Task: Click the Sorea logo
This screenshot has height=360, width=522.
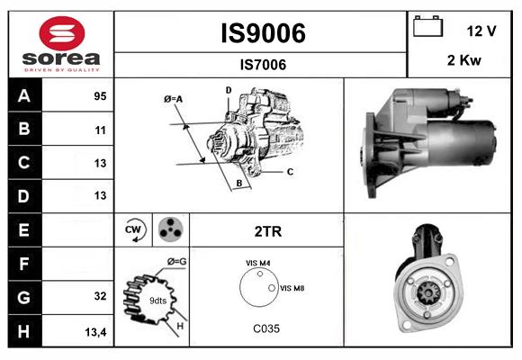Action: (60, 43)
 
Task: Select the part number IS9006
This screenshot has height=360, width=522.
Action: (263, 33)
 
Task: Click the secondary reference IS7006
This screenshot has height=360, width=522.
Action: (263, 64)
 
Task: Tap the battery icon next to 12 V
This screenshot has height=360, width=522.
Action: (427, 28)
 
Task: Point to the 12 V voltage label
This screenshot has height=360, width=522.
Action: (481, 31)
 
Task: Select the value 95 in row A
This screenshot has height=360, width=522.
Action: (100, 96)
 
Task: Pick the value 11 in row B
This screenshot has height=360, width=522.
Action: (100, 130)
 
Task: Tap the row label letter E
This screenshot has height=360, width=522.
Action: (24, 229)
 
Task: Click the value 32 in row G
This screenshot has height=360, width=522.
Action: (100, 296)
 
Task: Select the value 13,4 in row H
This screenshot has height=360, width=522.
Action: (96, 332)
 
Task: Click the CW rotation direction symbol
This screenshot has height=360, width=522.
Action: (134, 230)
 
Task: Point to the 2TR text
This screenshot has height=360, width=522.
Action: (268, 231)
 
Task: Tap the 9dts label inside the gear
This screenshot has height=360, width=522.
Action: (157, 300)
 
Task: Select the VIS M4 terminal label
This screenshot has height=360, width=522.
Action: (258, 263)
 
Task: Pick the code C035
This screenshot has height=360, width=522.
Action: (265, 328)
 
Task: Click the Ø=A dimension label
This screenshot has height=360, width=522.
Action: (174, 98)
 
